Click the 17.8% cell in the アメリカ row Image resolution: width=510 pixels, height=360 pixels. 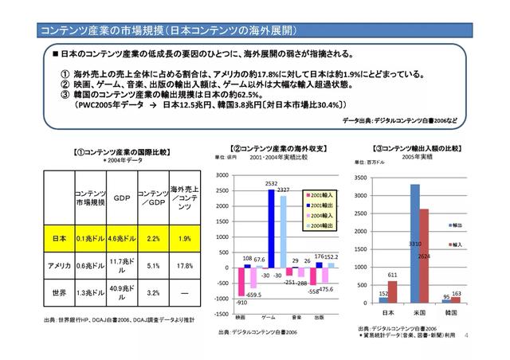[184, 265]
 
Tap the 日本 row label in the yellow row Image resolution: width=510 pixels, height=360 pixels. [57, 238]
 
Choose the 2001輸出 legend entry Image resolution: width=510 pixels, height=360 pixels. [320, 205]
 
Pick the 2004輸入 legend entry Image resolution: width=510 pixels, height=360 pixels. [320, 216]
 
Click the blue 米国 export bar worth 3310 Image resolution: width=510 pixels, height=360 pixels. [414, 243]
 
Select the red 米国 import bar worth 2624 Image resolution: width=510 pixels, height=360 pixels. [424, 256]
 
